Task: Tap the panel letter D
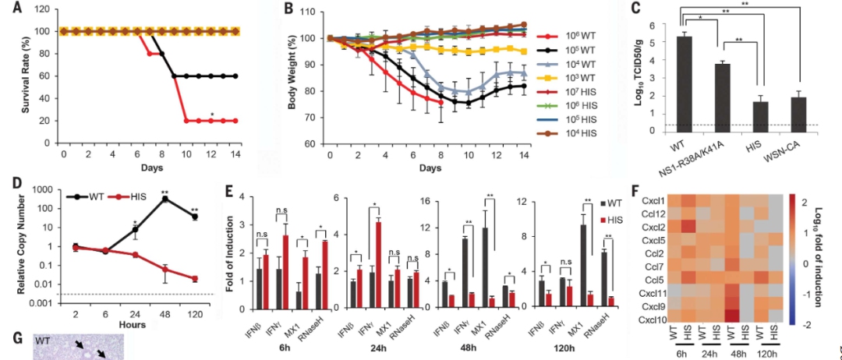(x=7, y=182)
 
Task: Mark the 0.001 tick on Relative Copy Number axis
(x=41, y=302)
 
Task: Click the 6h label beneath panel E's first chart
(x=277, y=347)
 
